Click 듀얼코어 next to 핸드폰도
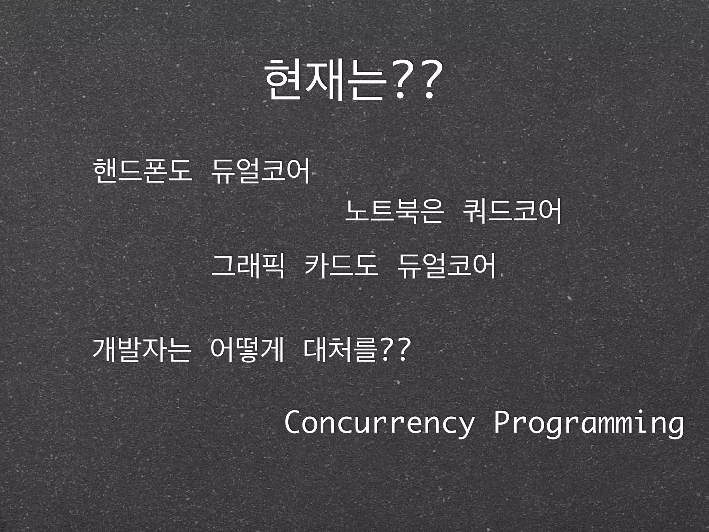tap(260, 171)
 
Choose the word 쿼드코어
tap(512, 211)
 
